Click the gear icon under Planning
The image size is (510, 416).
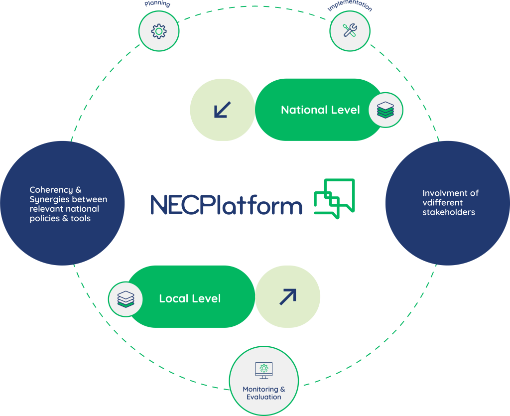pyautogui.click(x=158, y=31)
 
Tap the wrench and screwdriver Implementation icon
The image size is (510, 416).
pyautogui.click(x=350, y=30)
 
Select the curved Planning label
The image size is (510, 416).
pyautogui.click(x=157, y=4)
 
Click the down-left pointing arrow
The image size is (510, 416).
pyautogui.click(x=222, y=110)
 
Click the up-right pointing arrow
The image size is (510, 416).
pyautogui.click(x=287, y=297)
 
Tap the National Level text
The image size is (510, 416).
pyautogui.click(x=320, y=110)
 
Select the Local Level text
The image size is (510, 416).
pyautogui.click(x=190, y=298)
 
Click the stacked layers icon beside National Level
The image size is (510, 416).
pyautogui.click(x=385, y=110)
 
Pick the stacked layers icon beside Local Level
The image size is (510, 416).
pyautogui.click(x=126, y=299)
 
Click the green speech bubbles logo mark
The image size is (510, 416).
pyautogui.click(x=334, y=198)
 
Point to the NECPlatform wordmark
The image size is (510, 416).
pyautogui.click(x=227, y=205)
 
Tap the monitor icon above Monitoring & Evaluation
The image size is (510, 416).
pyautogui.click(x=263, y=369)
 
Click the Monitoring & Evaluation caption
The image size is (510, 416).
pyautogui.click(x=264, y=393)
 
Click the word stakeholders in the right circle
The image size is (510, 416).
pyautogui.click(x=449, y=212)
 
